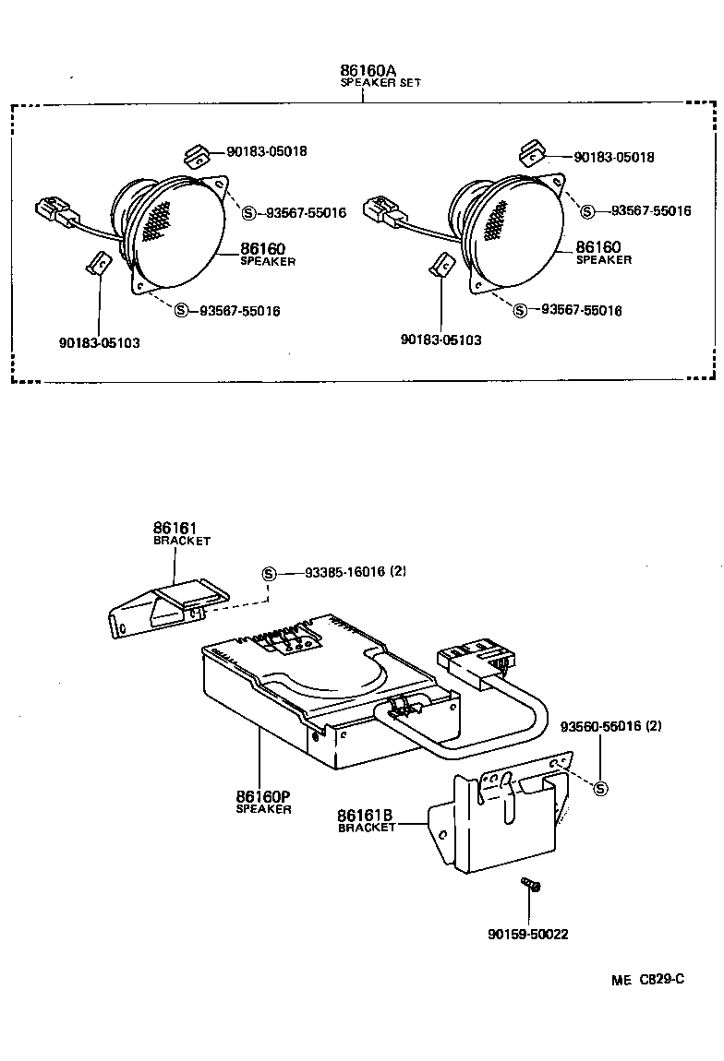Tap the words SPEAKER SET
(380, 83)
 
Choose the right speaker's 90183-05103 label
(440, 340)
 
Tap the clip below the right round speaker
(441, 267)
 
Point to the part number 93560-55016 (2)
(610, 727)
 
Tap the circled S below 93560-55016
(601, 788)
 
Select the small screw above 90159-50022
(531, 886)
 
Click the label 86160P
(262, 797)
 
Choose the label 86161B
(365, 816)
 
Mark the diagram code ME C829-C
(646, 980)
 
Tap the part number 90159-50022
(528, 935)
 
